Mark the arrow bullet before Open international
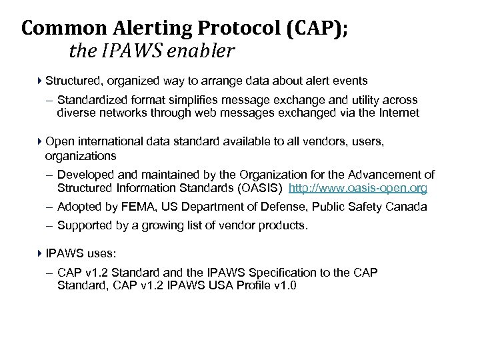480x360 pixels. point(39,141)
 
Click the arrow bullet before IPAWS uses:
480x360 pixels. point(39,254)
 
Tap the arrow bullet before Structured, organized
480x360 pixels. point(39,81)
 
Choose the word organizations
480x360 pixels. point(81,155)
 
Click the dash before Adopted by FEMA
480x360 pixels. point(51,207)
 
